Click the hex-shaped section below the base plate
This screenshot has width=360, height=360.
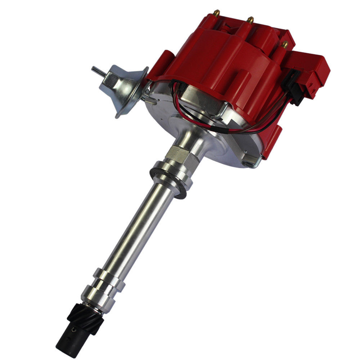tap(178, 153)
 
